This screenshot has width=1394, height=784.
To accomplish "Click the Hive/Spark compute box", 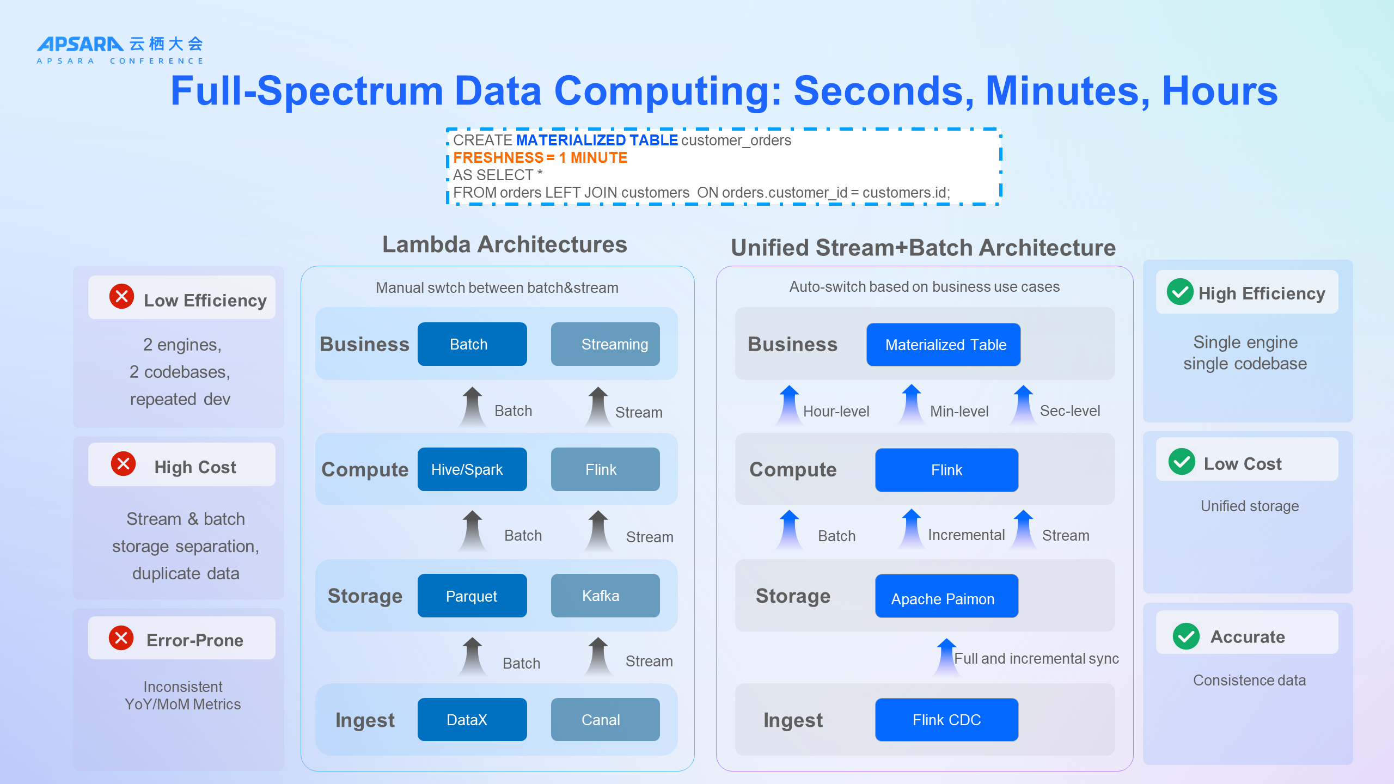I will click(x=472, y=469).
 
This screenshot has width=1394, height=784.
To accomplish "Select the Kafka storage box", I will click(x=605, y=596).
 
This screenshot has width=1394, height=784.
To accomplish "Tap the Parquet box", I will click(x=472, y=596).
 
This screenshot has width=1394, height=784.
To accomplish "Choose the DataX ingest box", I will click(x=472, y=720).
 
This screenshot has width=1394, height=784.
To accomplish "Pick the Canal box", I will click(x=605, y=720).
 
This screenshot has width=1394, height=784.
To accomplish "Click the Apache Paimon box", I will click(x=946, y=596).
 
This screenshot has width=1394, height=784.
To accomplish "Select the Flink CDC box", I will click(x=946, y=720).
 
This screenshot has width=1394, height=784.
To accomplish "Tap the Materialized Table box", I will click(x=943, y=345).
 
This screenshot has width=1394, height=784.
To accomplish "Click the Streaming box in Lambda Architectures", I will click(x=605, y=344).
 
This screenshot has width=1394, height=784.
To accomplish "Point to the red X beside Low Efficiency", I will click(x=121, y=297).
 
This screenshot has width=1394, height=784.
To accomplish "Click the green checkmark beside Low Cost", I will click(x=1181, y=462).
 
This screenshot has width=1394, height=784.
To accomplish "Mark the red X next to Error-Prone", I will click(x=121, y=638).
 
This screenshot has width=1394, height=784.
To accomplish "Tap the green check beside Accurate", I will click(x=1185, y=636).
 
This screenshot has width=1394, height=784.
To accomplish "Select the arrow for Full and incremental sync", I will click(x=946, y=657).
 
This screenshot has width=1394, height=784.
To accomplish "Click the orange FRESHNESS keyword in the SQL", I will click(x=498, y=158).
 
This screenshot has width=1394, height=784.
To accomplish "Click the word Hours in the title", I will click(x=1219, y=91).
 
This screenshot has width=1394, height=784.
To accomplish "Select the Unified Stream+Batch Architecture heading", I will click(x=923, y=248).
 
